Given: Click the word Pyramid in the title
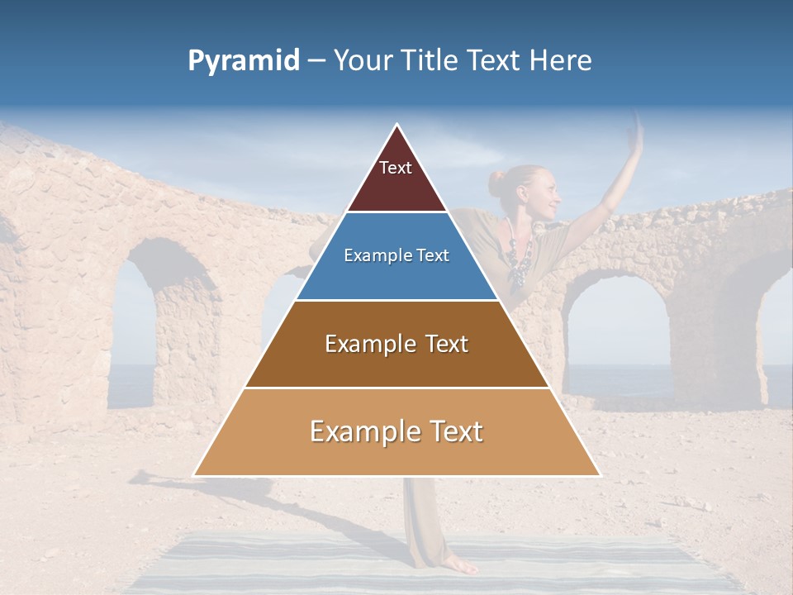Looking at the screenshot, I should tap(243, 61).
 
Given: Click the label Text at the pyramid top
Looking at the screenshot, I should tap(396, 168).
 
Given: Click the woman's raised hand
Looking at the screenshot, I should tap(636, 132).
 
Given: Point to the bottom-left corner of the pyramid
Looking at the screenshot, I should tap(194, 475).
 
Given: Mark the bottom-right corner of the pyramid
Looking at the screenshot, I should tap(600, 475).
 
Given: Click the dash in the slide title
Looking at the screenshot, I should tap(316, 61).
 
